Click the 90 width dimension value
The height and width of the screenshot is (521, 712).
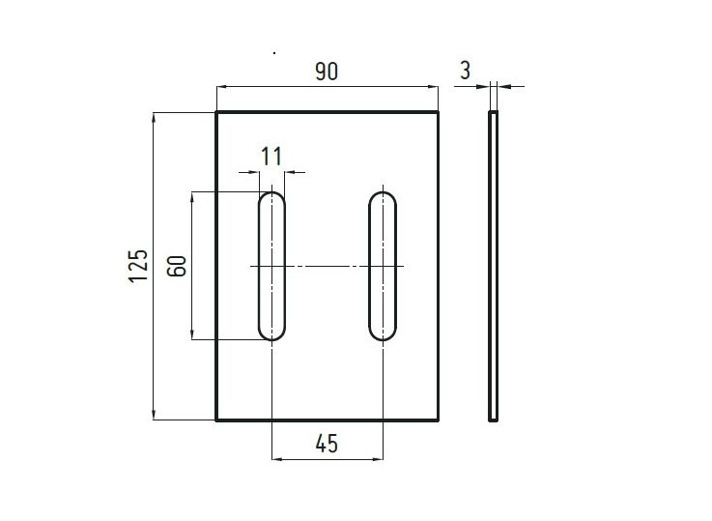pos(327,71)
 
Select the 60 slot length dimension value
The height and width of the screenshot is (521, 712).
pos(177,266)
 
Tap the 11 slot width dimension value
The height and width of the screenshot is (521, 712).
pos(271,155)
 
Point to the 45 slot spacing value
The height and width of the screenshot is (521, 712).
pos(327,444)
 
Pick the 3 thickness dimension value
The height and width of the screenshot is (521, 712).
pos(466,70)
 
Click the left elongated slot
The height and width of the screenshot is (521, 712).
pos(271,266)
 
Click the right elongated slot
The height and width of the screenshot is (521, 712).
pos(384,266)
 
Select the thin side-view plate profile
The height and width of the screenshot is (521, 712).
pos(494,266)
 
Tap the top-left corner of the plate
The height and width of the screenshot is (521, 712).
pos(215,113)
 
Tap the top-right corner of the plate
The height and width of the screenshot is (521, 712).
pos(439,113)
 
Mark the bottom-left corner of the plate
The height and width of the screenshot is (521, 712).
pos(215,420)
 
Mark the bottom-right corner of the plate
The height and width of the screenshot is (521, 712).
pos(439,420)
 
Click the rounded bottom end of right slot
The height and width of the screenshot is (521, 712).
pos(384,334)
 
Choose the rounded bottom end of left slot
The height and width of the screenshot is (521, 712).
pos(271,334)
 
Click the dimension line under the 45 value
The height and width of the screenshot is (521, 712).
pos(327,459)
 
